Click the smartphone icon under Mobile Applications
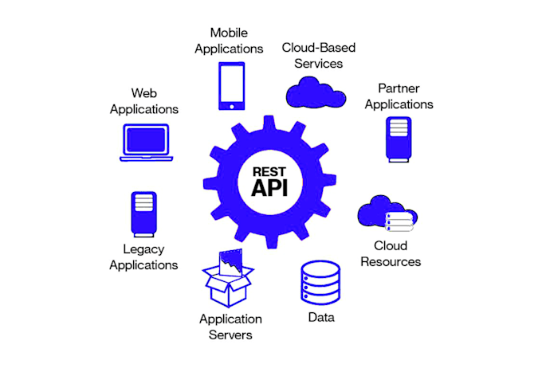coord(232,86)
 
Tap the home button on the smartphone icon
coord(232,107)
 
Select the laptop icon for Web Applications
coord(146,143)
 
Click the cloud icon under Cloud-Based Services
coord(316,92)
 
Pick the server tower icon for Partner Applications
coord(399,139)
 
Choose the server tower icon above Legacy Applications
coord(143,214)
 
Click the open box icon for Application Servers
coord(228,278)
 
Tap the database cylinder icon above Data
coord(320,283)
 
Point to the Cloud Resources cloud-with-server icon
coord(387,213)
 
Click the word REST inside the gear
coord(269,172)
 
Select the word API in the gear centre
coord(269,188)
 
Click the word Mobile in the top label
coord(229,33)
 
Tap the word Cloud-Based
coord(318,48)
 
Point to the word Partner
coord(399,88)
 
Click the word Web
coord(144,93)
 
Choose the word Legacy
coord(143,249)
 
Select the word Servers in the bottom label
coord(230,335)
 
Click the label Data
coord(321,317)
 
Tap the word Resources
coord(391,261)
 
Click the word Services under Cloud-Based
coord(318,64)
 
